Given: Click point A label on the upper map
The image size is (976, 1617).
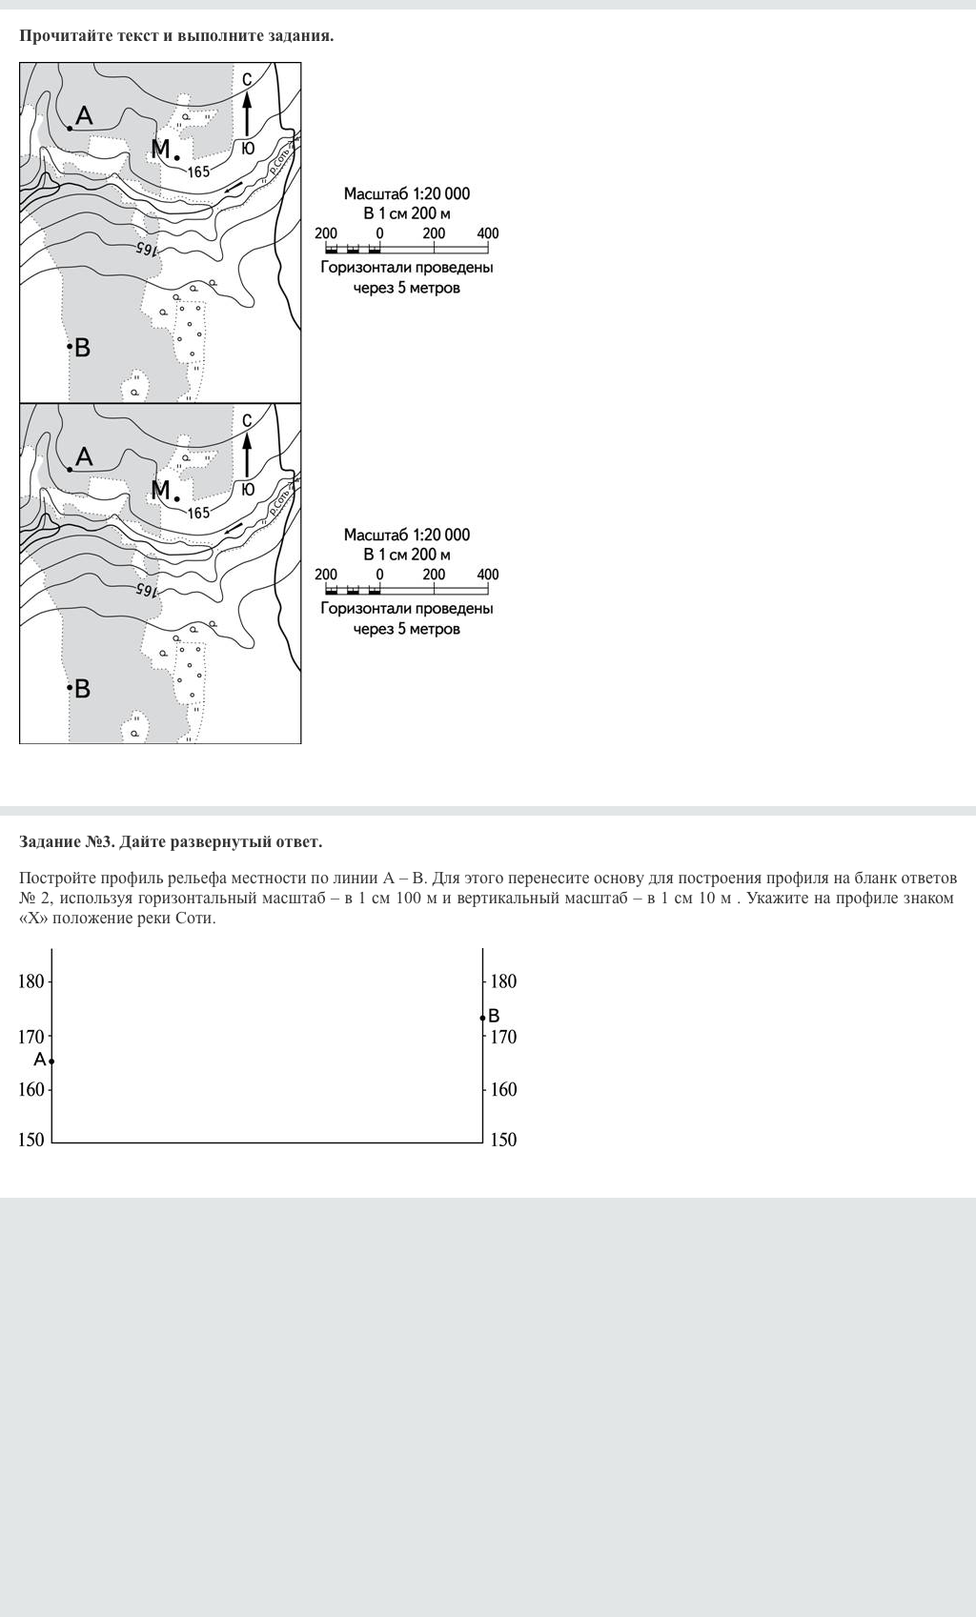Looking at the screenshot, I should [84, 116].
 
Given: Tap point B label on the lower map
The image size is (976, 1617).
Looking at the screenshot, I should [82, 688].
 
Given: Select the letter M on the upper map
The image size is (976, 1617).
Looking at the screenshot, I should [161, 150].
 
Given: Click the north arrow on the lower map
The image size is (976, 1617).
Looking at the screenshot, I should [247, 455].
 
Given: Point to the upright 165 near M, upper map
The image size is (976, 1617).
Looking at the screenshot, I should [198, 172].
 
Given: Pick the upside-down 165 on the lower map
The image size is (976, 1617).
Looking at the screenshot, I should [145, 589].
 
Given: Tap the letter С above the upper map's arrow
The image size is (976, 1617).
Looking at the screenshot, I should [247, 79].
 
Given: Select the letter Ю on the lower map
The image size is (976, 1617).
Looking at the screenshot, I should [248, 490].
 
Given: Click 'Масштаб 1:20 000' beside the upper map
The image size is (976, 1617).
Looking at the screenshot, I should [407, 193].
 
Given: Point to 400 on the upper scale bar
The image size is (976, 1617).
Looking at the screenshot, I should [487, 233].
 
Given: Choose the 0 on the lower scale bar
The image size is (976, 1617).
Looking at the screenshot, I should [379, 575].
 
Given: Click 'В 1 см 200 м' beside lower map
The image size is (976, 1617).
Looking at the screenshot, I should [407, 555].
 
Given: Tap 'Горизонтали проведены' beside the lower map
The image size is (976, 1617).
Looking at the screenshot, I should [407, 609].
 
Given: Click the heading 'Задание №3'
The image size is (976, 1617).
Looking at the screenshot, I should [67, 841].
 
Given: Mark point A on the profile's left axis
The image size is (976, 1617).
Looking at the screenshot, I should [51, 1061].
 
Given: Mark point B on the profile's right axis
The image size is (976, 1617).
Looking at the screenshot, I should [483, 1018].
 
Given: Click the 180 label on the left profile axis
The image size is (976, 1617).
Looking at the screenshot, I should [31, 980].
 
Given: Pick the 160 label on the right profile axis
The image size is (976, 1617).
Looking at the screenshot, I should [503, 1089].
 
